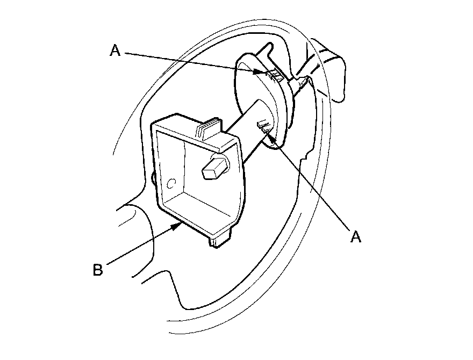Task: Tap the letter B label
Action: click(x=97, y=269)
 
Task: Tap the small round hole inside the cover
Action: click(x=172, y=184)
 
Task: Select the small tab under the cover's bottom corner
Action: click(x=219, y=241)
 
